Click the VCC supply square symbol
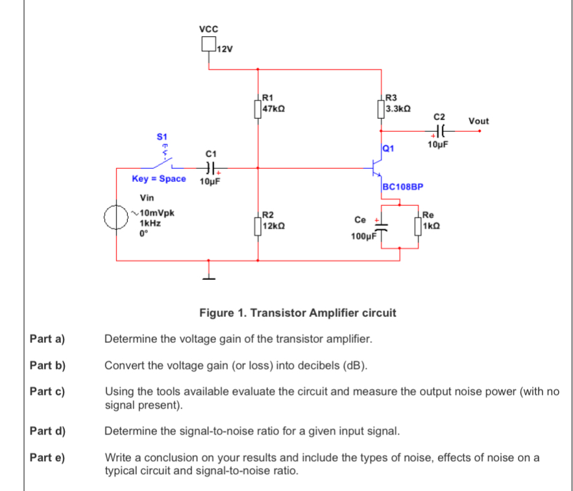point(208,44)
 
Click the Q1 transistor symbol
point(378,167)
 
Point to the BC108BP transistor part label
point(403,186)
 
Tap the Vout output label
point(478,121)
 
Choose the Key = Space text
point(158,179)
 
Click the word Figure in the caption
point(216,313)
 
